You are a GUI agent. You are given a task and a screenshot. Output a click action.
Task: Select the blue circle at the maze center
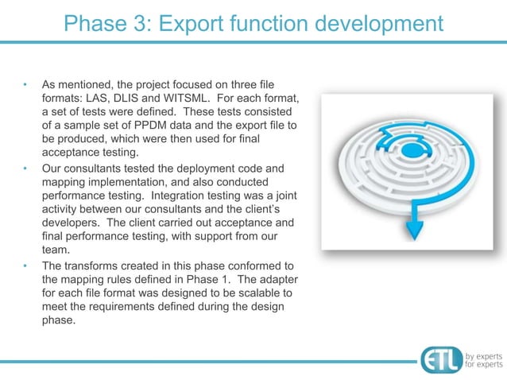pyautogui.click(x=411, y=149)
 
